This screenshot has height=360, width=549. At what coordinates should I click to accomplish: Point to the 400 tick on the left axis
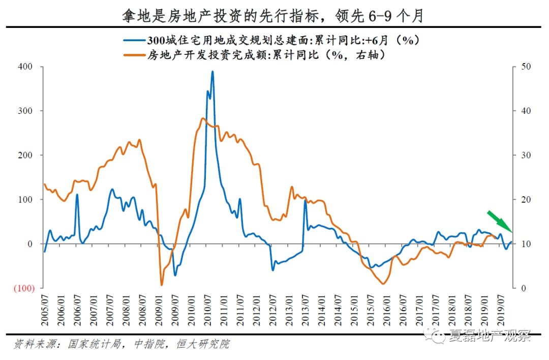26,67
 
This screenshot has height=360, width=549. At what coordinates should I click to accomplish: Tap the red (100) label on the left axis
24,288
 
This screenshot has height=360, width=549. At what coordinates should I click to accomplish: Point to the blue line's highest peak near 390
212,72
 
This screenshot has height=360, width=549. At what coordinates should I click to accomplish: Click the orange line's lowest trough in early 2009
162,284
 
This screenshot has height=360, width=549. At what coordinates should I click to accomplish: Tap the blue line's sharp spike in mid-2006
77,195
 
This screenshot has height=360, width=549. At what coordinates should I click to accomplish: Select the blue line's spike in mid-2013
306,200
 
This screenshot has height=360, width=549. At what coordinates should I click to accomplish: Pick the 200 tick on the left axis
26,155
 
